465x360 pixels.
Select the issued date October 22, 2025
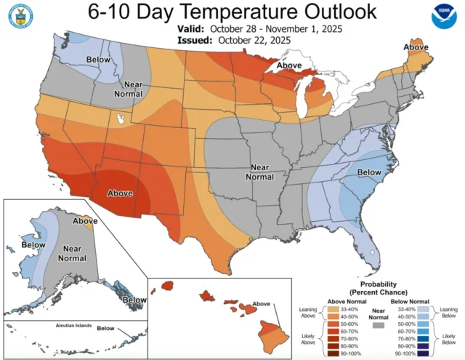[248, 41]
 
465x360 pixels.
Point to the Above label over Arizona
[120, 193]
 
